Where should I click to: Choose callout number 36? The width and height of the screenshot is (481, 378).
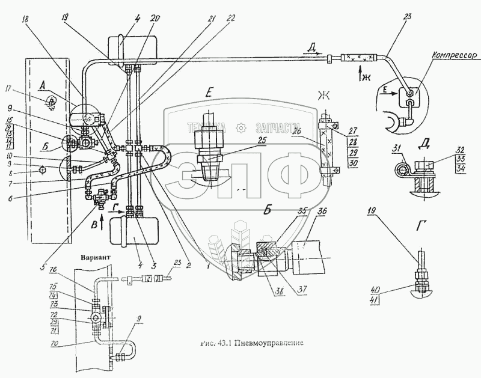click(322, 210)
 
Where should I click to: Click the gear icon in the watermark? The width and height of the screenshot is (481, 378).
click(240, 127)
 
